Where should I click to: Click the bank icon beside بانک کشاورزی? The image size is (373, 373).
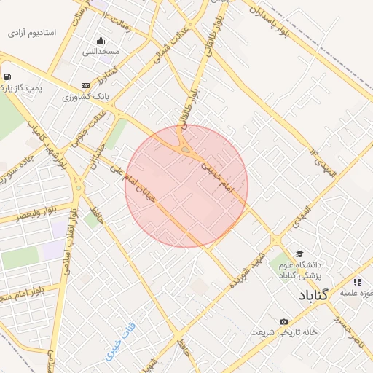(86, 85)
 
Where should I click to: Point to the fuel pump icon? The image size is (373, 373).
(7, 76)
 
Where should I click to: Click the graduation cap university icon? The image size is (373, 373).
(299, 254)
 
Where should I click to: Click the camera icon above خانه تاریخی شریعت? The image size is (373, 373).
(283, 321)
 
